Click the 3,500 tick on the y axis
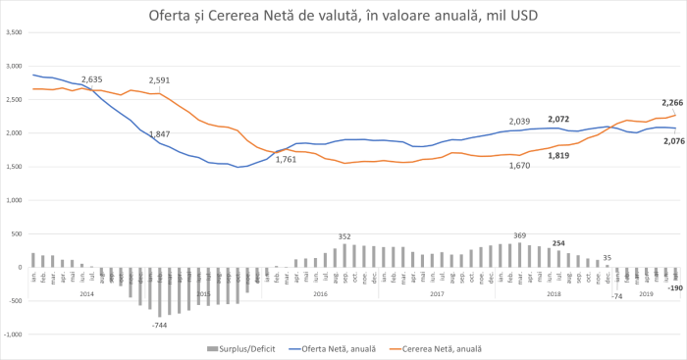pyautogui.click(x=14, y=32)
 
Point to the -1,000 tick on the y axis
pyautogui.click(x=13, y=334)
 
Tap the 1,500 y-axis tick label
pyautogui.click(x=14, y=167)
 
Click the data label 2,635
pyautogui.click(x=91, y=79)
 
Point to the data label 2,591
pyautogui.click(x=160, y=80)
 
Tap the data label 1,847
pyautogui.click(x=160, y=133)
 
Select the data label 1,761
pyautogui.click(x=286, y=159)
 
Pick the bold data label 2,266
pyautogui.click(x=672, y=103)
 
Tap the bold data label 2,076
pyautogui.click(x=672, y=141)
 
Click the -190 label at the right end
pyautogui.click(x=675, y=287)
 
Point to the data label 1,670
pyautogui.click(x=520, y=165)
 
